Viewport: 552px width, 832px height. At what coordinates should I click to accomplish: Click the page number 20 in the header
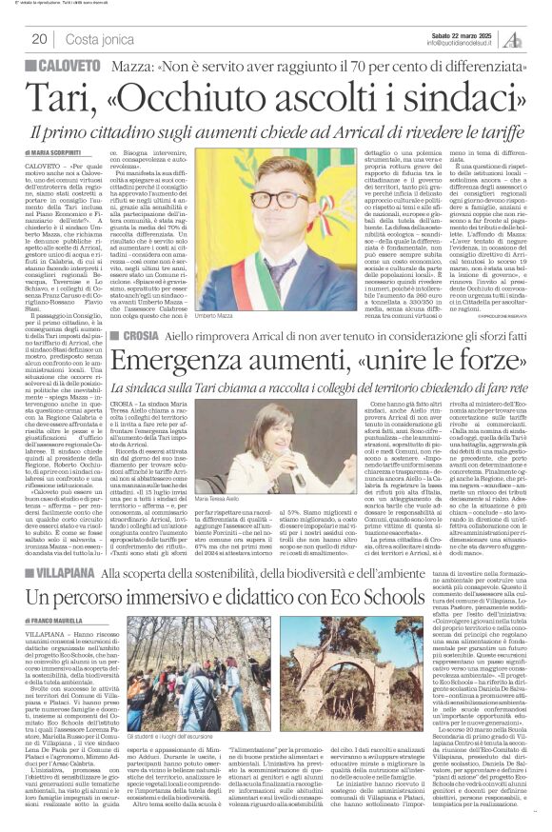40,38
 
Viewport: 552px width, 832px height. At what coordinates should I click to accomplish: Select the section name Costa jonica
101,38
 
